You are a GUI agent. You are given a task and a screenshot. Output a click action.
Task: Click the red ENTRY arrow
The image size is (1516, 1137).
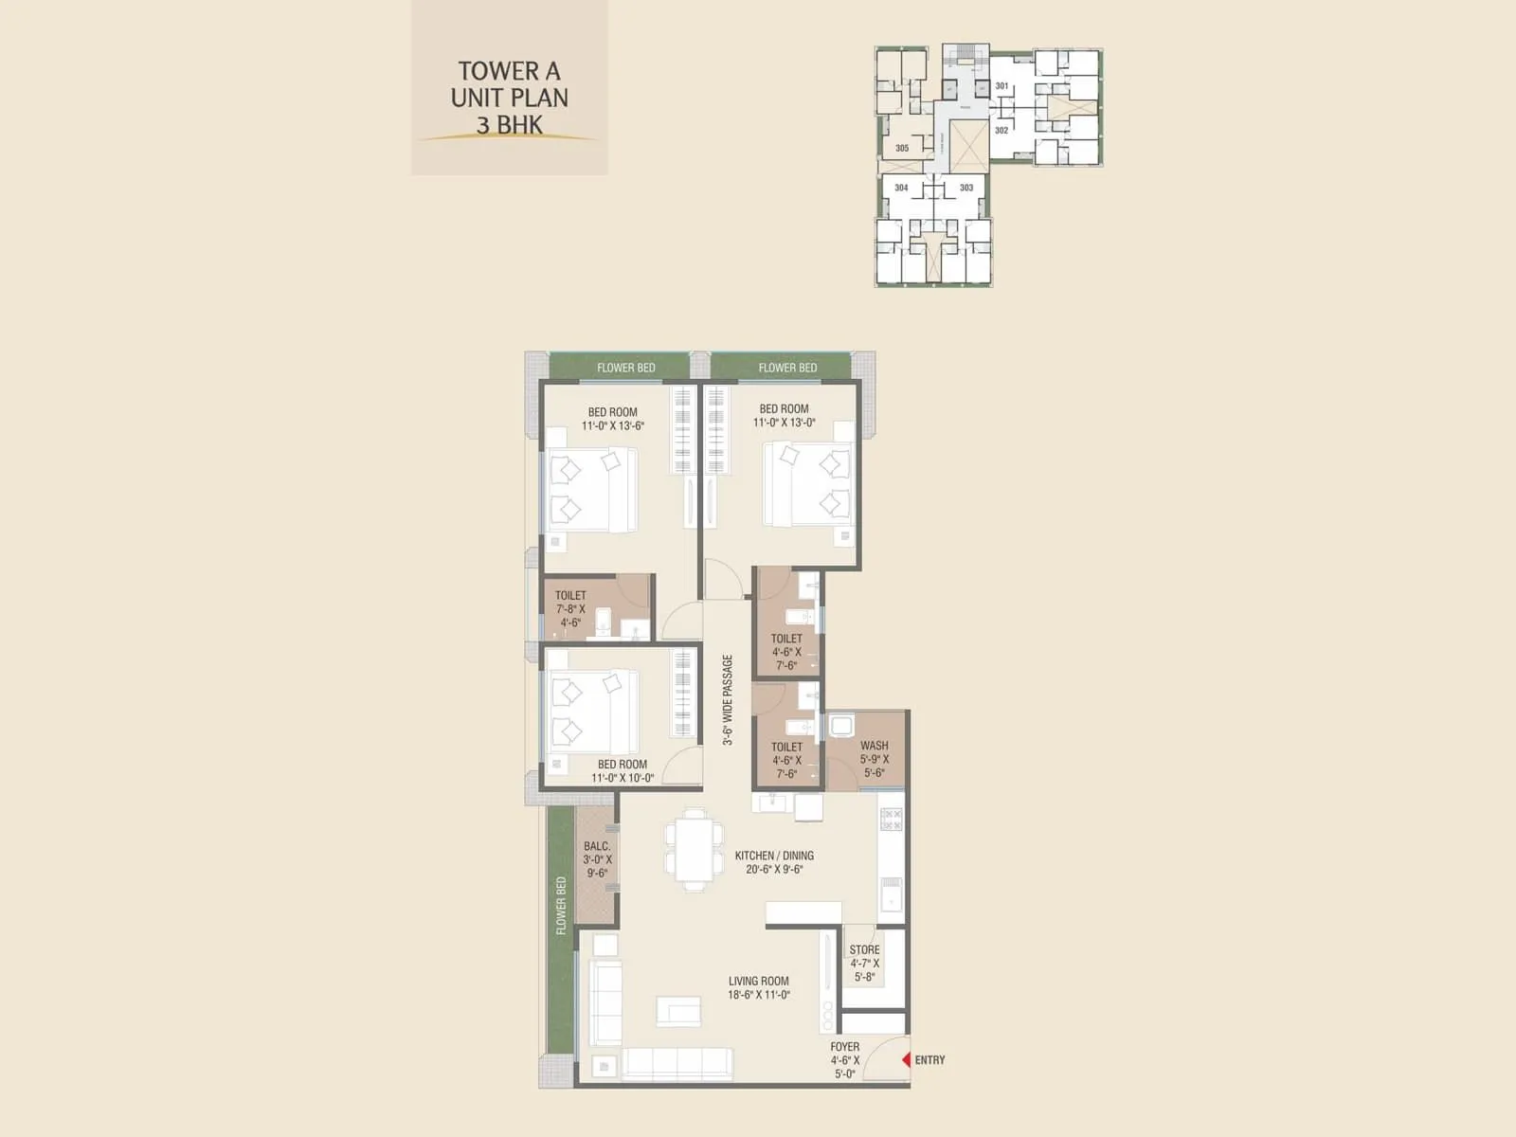point(906,1060)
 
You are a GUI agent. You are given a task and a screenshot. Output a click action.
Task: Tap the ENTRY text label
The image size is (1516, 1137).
point(929,1060)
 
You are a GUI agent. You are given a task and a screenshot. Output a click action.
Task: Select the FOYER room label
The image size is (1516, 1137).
point(844,1047)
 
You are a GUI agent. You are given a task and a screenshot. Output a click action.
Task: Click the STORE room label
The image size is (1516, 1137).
point(864,949)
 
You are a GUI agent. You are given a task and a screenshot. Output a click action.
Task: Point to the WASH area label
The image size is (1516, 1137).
point(874,746)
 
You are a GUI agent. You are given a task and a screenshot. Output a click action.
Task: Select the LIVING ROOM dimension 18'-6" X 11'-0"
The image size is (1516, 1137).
point(759,995)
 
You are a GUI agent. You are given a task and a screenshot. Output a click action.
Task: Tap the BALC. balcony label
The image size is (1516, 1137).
point(597,846)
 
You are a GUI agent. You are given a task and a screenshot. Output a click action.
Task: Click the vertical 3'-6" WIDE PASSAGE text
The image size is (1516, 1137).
point(728,700)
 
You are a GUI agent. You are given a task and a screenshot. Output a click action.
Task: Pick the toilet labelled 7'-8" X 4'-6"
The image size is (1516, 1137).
point(570,609)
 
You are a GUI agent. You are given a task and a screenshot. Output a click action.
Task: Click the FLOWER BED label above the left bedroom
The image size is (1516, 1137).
point(625,368)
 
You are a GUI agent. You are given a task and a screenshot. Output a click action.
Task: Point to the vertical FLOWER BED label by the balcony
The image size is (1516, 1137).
point(561,906)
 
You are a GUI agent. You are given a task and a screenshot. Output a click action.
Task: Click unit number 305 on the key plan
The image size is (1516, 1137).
point(902,148)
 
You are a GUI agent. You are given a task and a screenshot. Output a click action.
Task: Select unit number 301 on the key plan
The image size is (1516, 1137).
point(1002,86)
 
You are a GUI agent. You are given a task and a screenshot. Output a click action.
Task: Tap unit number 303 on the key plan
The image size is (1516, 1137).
point(966,188)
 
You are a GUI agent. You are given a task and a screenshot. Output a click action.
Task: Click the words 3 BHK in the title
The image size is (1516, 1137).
point(510,124)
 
